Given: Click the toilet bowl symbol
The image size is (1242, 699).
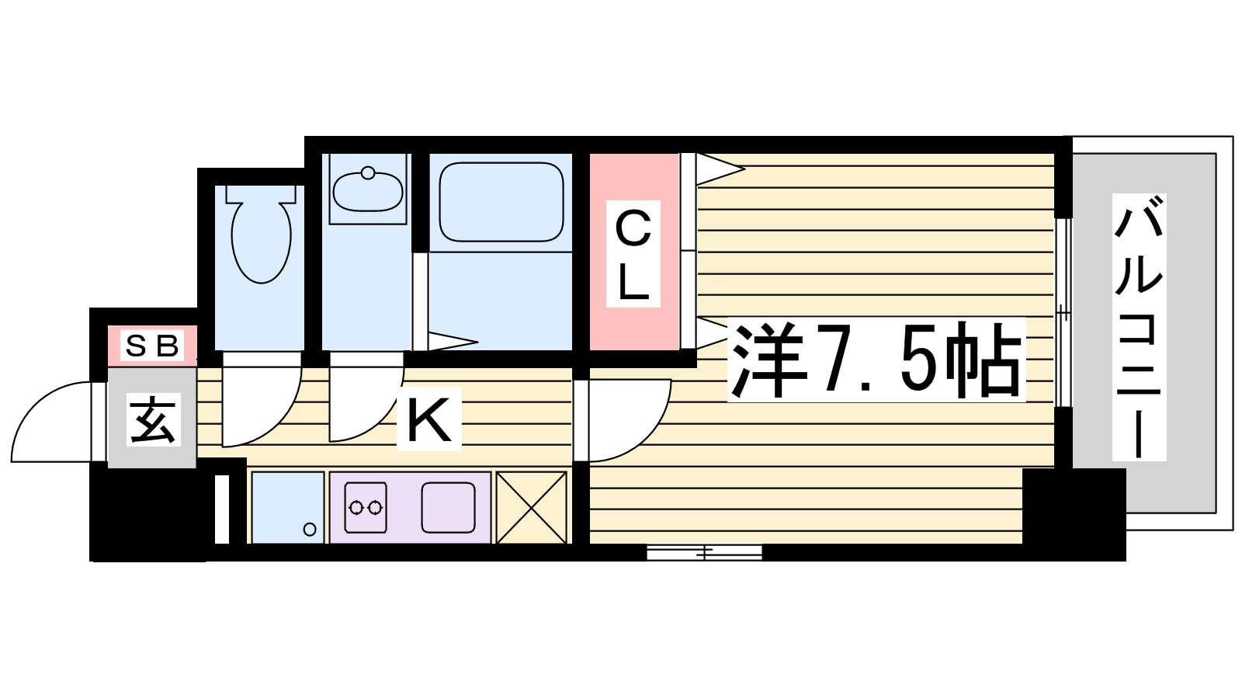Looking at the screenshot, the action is point(261,242).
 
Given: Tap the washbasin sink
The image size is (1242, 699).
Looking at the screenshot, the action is point(368,191).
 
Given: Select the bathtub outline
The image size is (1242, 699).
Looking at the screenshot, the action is point(501,202).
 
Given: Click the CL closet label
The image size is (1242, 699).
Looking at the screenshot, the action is point(633,254).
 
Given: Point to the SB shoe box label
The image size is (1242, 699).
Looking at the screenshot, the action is point(152,346).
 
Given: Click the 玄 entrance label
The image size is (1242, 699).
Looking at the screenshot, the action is point(154,420).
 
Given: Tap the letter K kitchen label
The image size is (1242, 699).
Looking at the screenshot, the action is point(429,419).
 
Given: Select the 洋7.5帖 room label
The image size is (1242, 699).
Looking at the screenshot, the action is point(876,360).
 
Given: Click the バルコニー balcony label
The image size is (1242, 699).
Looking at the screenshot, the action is point(1139,327).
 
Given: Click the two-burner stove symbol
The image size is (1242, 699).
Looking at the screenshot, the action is point(366,507).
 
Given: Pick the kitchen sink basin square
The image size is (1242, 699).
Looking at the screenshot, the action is point(448,508).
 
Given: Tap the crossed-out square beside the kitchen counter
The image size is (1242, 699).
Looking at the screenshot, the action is point(531,508).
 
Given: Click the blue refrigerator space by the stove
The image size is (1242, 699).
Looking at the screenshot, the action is point(288,508).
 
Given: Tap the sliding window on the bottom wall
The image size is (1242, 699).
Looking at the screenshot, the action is point(704,552).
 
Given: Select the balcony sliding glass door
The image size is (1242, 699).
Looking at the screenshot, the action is point(1063,312).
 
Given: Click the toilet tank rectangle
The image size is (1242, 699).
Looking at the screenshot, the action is point(261,194).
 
